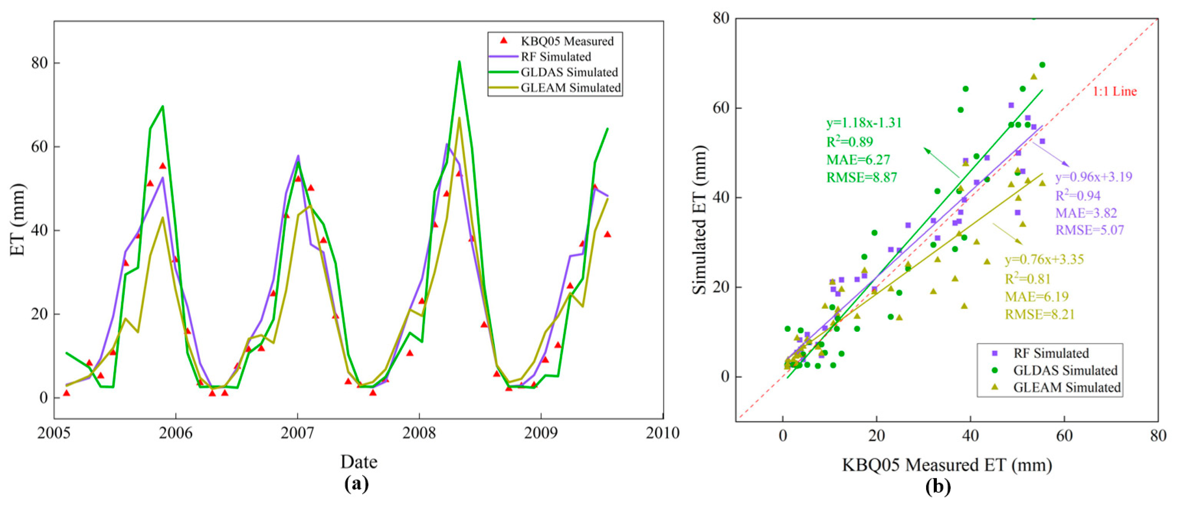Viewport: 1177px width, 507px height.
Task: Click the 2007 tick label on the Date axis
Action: pos(298,432)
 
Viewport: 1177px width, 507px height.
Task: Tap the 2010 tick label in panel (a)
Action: pos(662,432)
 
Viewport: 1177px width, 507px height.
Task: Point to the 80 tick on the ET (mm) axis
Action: pos(39,63)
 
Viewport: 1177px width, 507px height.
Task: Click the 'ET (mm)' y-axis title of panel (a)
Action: pos(18,219)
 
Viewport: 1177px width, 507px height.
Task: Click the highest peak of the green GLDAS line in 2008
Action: pos(459,62)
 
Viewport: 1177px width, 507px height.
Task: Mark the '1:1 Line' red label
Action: pos(1114,91)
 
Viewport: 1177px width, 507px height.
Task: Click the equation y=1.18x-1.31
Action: pos(864,123)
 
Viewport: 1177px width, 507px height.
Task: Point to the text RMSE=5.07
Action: pos(1089,230)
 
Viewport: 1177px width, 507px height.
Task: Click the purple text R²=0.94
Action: pos(1077,196)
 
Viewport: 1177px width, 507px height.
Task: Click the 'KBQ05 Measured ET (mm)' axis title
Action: pos(947,465)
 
